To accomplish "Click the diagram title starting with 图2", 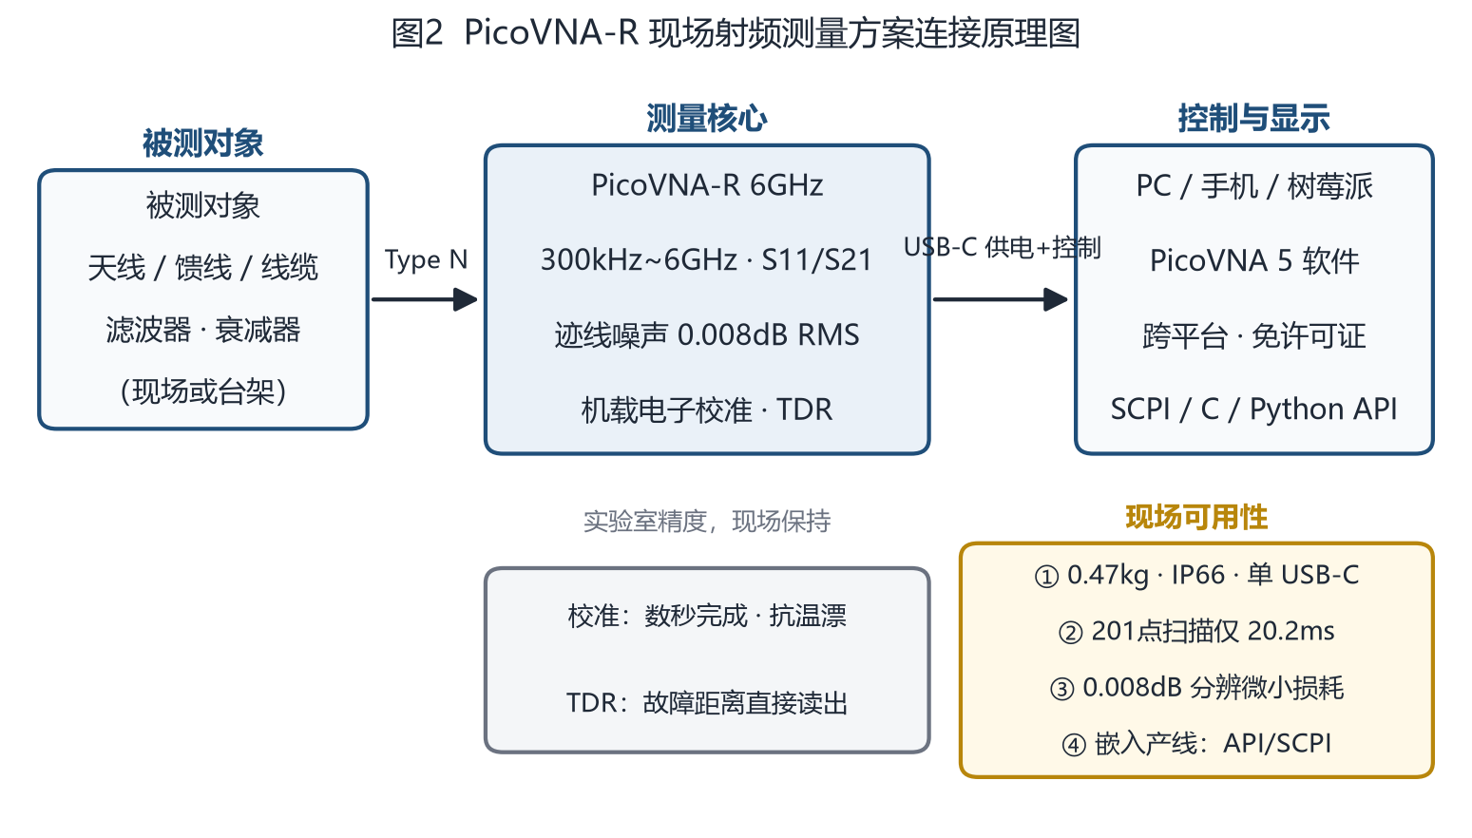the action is pos(736,33).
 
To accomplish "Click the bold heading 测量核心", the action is pos(706,119).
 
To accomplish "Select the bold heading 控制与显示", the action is pos(1253,119).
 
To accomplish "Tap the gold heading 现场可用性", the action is pos(1196,517).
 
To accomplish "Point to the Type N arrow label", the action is pos(426,260).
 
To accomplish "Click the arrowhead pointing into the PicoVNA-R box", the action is pos(466,299).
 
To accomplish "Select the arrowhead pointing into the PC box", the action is pos(1056,299).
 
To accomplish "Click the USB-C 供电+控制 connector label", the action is pos(1002,248).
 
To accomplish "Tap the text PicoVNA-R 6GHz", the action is pos(707,185).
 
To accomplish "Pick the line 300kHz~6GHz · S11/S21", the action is pos(706,260).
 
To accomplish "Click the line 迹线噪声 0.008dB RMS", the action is pos(706,335).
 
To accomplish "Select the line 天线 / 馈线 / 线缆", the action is pos(203,268).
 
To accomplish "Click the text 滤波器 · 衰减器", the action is pos(203,330).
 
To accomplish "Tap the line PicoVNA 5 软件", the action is pos(1253,261).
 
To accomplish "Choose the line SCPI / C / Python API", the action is pos(1253,409).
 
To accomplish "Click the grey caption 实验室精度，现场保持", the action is pos(706,522).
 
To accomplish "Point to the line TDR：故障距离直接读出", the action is pos(706,702).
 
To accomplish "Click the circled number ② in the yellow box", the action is pos(1070,632).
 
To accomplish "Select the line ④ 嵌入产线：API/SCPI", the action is pos(1196,744).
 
